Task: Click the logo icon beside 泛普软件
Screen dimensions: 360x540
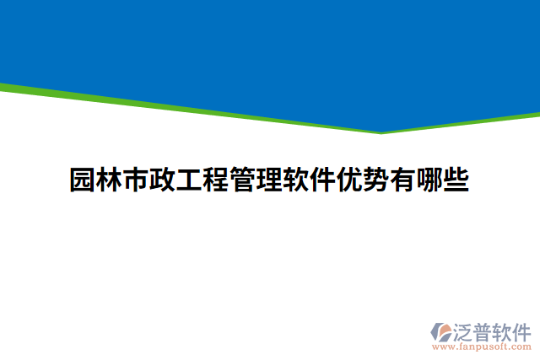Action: (x=444, y=330)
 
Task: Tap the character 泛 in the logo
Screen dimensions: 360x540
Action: (x=467, y=330)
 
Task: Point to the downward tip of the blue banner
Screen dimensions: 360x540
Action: (x=381, y=132)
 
